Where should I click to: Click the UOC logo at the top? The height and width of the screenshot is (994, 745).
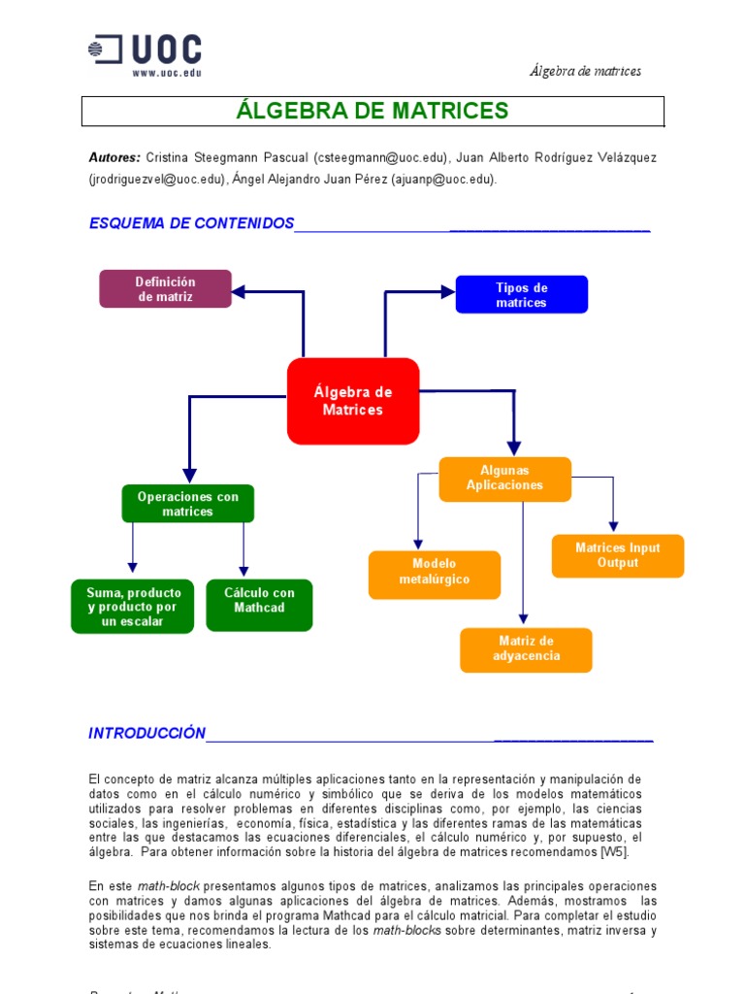pos(145,50)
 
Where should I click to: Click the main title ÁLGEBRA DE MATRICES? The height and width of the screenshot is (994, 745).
pos(372,111)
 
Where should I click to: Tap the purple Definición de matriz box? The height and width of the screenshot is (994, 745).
pos(166,289)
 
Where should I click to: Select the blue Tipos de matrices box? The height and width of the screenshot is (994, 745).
pos(522,295)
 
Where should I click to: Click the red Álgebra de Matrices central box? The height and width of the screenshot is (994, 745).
pos(353,401)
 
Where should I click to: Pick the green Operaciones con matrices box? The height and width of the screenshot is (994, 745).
pos(187,504)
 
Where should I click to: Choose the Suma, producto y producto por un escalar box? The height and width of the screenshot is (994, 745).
pos(133,607)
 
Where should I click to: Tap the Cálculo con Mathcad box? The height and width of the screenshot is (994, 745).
pos(259,601)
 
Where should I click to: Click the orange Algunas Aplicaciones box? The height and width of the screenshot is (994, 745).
pos(504,479)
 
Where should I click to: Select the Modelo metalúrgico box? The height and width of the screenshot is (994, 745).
pos(435,572)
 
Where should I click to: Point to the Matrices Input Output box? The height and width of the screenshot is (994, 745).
pos(618,555)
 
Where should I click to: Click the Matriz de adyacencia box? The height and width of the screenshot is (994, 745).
pos(526,648)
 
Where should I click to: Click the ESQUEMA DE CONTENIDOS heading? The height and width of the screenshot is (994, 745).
pos(191,223)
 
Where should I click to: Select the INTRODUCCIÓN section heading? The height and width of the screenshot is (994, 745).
pos(147,733)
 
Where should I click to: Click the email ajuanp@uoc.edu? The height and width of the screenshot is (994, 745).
pos(443,179)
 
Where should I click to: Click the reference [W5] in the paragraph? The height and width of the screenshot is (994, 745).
pos(614,851)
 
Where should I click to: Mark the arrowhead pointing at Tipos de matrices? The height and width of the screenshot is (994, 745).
pos(447,291)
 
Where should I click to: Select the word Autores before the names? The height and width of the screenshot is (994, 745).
pos(114,157)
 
